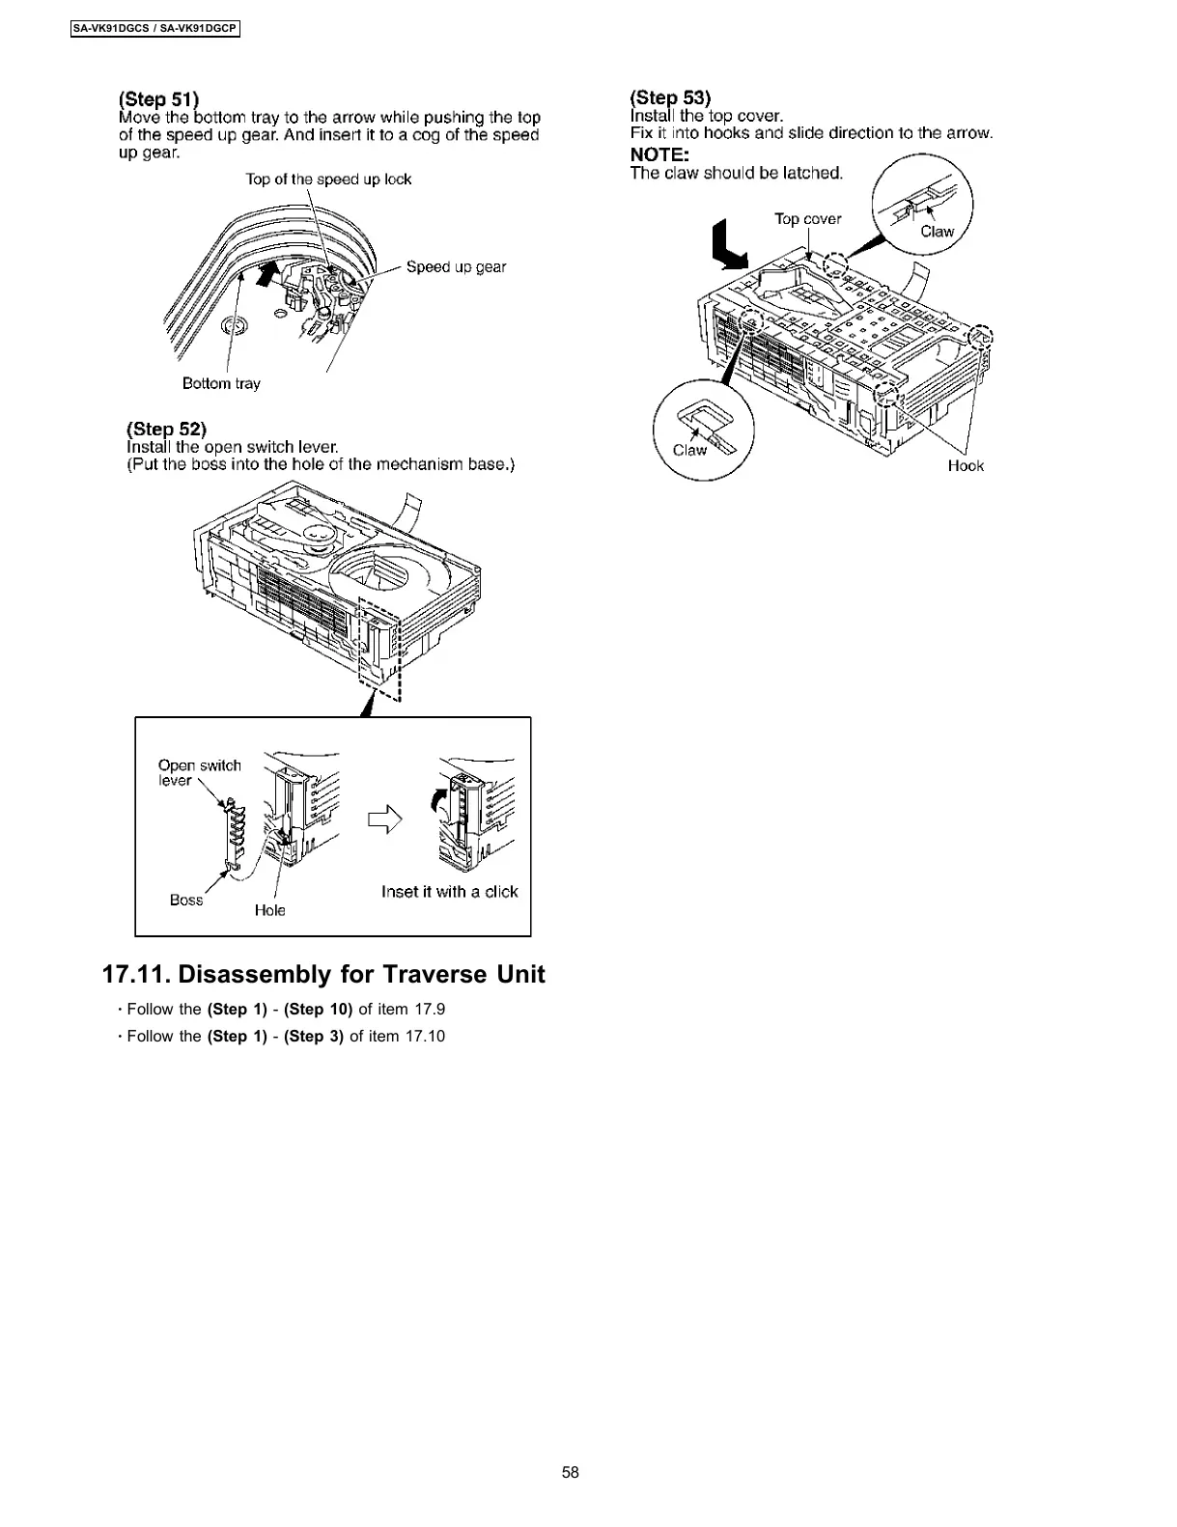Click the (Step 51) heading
158,98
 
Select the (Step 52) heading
167,429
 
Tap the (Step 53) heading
670,97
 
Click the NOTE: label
659,154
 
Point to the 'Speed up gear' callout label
456,266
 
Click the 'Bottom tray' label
221,383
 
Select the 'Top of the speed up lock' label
328,179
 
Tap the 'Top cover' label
807,219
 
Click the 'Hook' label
966,465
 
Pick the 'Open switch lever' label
199,772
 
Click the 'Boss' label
186,900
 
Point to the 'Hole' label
270,910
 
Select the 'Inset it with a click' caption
449,892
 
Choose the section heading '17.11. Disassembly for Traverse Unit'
323,974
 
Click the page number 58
571,1472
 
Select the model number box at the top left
154,29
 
